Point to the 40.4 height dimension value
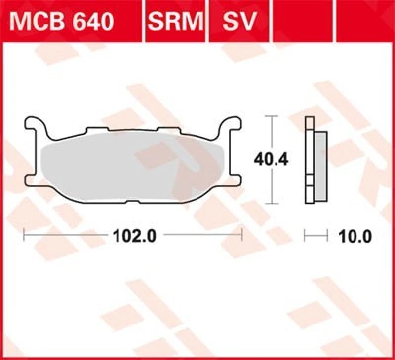click(271, 159)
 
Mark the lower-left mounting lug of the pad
click(31, 180)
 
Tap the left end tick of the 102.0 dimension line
click(24, 235)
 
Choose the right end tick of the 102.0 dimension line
click(241, 235)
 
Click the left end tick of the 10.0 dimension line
click(306, 235)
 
